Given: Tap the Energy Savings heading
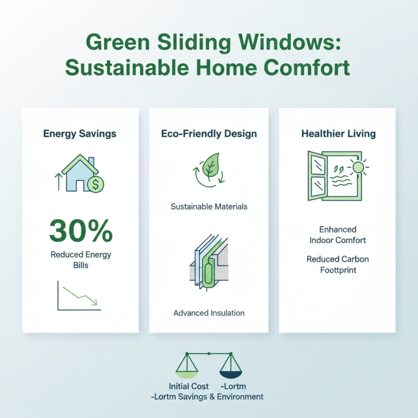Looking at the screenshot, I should (x=79, y=134).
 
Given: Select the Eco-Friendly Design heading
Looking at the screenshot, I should (x=209, y=134).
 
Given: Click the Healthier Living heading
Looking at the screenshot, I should (x=338, y=134).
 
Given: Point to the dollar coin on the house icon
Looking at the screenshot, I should (x=96, y=183).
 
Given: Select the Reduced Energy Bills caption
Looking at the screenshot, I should (x=80, y=260).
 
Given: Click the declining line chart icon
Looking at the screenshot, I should (x=79, y=296).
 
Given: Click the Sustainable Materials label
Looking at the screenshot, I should (x=209, y=206).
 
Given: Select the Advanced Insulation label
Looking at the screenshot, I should (x=209, y=313).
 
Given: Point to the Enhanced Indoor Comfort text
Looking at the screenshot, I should (x=338, y=235).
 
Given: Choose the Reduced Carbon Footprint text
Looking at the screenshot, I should (x=338, y=264).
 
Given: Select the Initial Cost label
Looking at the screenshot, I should (x=189, y=387).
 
